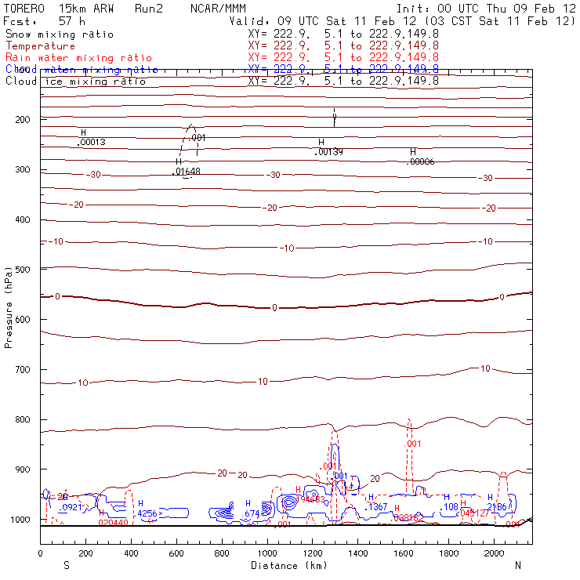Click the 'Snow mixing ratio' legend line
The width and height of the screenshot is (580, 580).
click(59, 34)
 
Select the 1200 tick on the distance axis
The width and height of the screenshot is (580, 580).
click(313, 553)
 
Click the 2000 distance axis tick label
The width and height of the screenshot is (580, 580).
click(495, 553)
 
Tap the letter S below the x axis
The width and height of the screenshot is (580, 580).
click(67, 564)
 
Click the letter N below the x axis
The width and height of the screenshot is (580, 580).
click(517, 564)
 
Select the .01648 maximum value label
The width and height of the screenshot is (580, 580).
click(188, 171)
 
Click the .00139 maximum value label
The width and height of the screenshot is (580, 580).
click(328, 152)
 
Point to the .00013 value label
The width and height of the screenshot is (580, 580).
click(92, 142)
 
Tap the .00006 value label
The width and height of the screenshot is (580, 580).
click(421, 161)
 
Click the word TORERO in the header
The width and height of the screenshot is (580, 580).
click(23, 8)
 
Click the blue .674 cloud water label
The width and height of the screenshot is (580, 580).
click(251, 514)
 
